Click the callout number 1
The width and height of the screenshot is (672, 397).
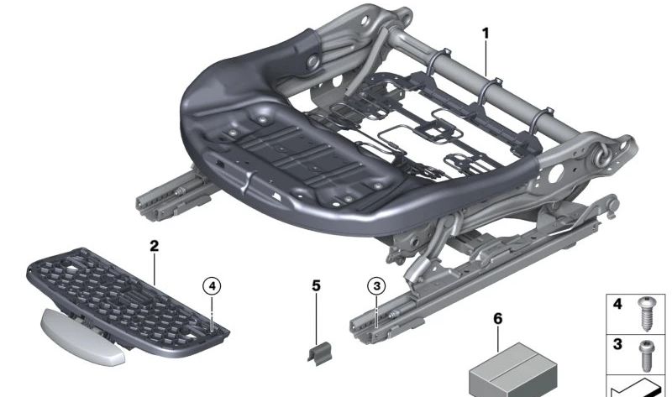tap(485, 33)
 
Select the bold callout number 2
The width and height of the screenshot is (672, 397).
tap(154, 246)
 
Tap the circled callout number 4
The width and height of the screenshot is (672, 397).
tap(213, 286)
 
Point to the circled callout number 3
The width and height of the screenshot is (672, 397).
tap(375, 286)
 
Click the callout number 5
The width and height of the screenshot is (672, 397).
tap(316, 286)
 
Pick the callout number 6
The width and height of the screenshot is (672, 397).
tap(497, 319)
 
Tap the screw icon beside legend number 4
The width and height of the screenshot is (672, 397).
tap(647, 313)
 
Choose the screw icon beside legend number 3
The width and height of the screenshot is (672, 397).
tap(647, 353)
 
